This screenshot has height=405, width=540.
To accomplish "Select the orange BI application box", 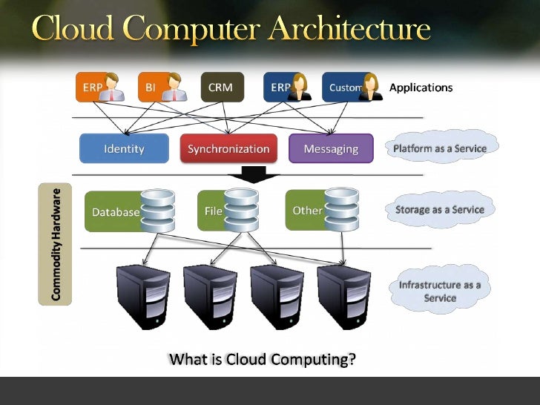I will (x=151, y=88).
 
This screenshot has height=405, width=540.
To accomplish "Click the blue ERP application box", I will (x=280, y=88).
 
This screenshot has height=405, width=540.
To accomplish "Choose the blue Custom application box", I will (x=344, y=88).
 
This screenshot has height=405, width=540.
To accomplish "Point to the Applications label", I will (x=421, y=88).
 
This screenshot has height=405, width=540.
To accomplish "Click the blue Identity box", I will (x=124, y=149).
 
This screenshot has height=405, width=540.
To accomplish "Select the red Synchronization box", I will (x=228, y=149).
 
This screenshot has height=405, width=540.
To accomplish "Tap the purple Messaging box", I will (x=331, y=149).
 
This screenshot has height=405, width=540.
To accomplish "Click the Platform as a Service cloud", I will (x=440, y=148).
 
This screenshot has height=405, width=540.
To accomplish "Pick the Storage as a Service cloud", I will (x=440, y=210).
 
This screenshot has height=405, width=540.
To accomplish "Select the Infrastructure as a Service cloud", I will (x=440, y=291).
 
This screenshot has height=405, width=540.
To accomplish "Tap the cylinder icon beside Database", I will (x=157, y=210).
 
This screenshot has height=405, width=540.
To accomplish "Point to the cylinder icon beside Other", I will (x=341, y=208).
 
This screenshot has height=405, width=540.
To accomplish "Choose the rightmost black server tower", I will (x=343, y=297).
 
